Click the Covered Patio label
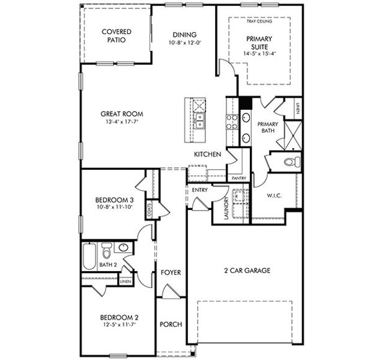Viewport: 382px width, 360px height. point(117,36)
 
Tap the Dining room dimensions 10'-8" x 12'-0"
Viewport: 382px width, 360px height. point(184,43)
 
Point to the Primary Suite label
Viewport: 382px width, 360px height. point(259,43)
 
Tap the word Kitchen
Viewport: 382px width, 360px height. point(207,155)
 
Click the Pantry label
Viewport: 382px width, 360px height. point(238,178)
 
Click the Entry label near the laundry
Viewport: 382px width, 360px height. point(200,190)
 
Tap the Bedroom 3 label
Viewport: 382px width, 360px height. point(114,200)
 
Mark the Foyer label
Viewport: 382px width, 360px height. point(171,272)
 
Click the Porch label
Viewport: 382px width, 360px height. point(171,324)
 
